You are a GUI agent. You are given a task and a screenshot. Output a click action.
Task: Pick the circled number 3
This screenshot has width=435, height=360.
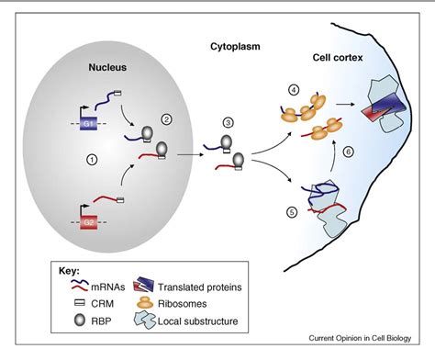[228, 121]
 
